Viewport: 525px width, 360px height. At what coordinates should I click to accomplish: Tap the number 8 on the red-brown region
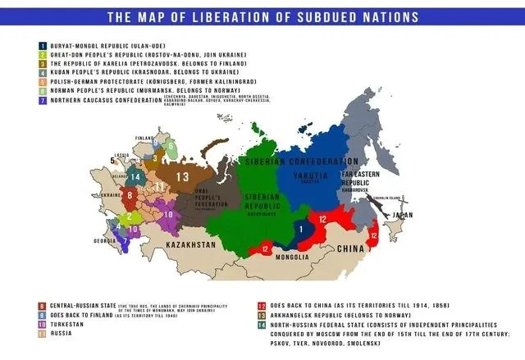[x=129, y=195]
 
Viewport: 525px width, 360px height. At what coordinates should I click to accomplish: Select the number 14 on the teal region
[x=136, y=176]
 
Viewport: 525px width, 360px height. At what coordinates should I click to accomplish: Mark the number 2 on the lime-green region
[x=128, y=217]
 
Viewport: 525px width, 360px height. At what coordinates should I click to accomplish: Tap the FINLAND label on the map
[x=144, y=139]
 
